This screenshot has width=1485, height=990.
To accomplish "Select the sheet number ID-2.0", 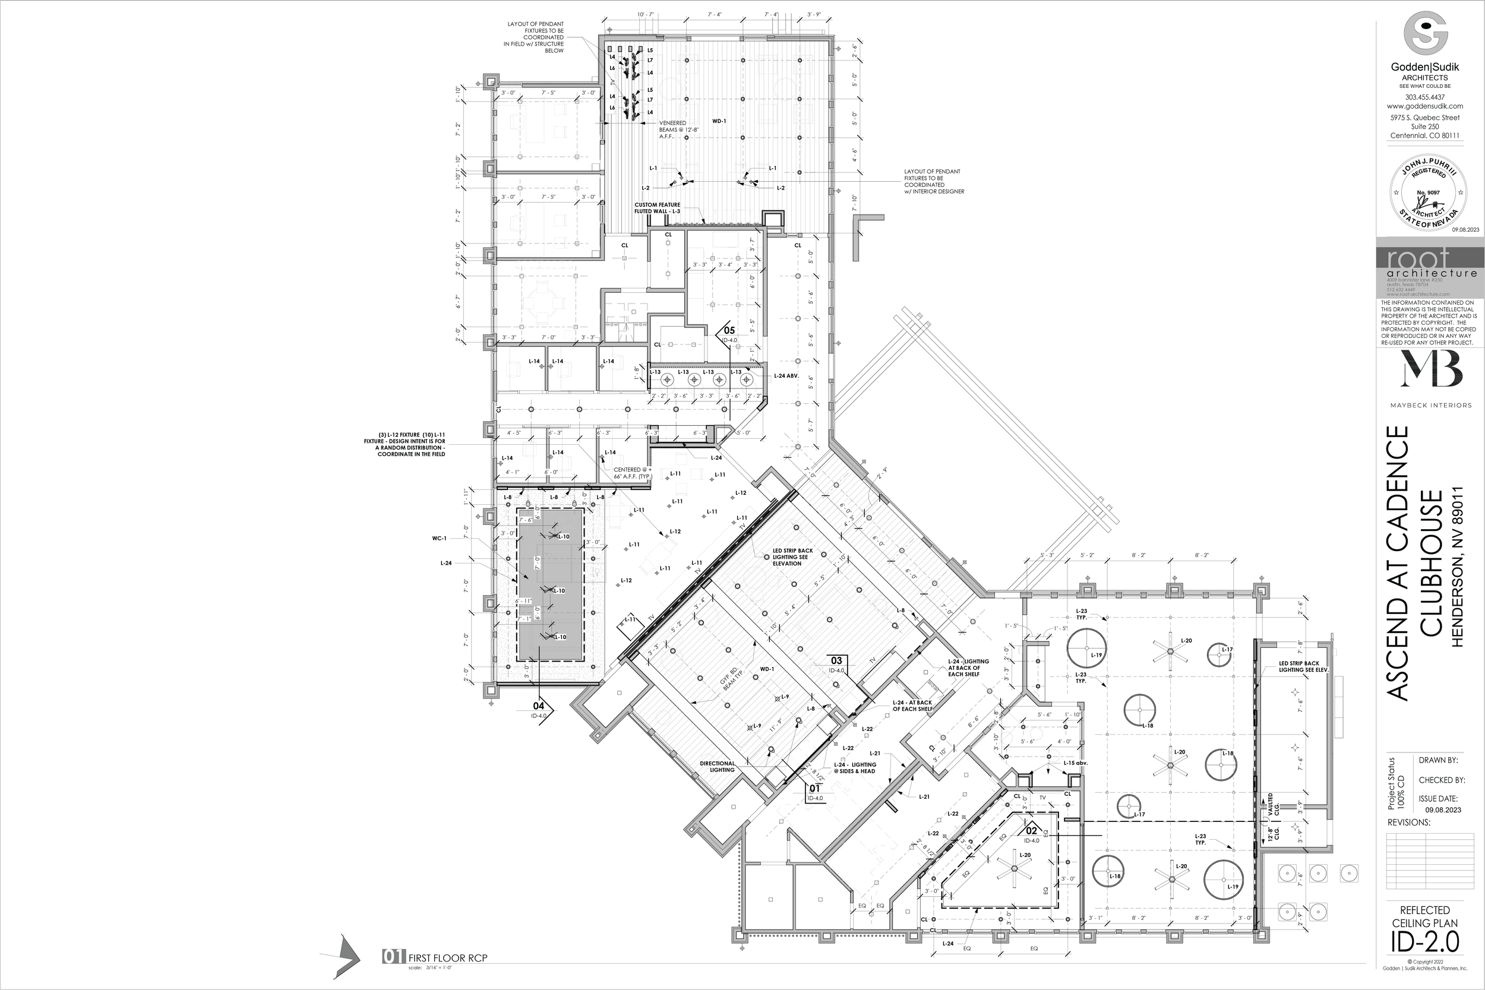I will click(x=1424, y=941).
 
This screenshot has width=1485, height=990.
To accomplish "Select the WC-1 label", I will click(x=439, y=539).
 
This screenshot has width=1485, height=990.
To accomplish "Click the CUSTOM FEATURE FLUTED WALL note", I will click(x=658, y=208).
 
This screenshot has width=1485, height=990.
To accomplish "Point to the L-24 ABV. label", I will click(x=786, y=376).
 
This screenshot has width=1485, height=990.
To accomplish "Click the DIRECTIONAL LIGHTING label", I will click(x=717, y=767).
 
